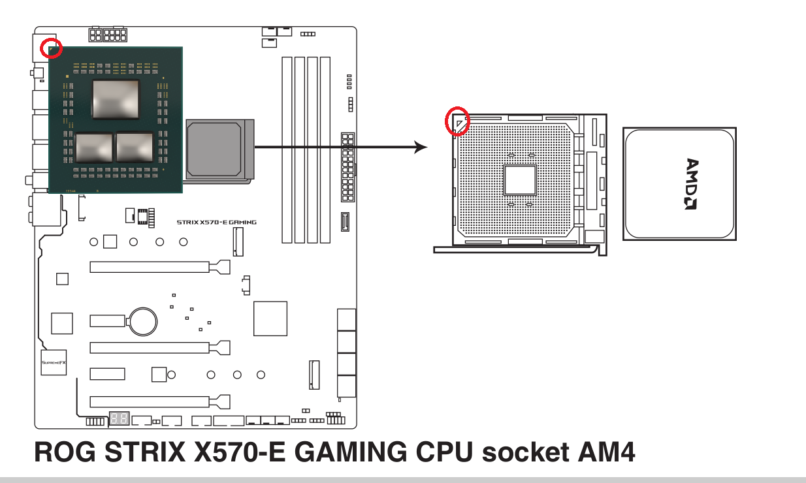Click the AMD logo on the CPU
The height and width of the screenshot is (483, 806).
point(692,184)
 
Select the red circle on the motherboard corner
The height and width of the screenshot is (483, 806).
point(52,47)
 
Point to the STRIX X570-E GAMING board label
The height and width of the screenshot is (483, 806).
point(216,222)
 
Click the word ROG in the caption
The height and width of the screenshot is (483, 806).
point(62,452)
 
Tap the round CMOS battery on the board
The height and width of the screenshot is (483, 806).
point(143,320)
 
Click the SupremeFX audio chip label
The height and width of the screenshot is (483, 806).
point(53,362)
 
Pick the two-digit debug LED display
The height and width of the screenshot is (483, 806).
point(119,418)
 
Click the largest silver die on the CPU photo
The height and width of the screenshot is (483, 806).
point(116,99)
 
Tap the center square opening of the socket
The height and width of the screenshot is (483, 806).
point(520,180)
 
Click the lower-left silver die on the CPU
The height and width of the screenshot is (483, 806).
point(94,147)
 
